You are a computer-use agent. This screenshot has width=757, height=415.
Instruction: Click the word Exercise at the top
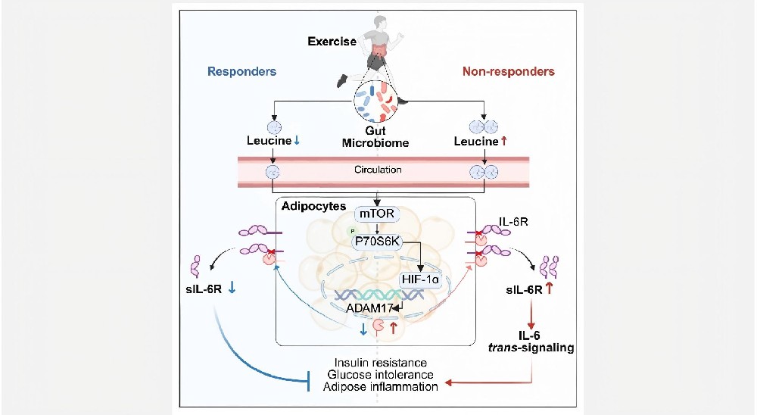click(332, 42)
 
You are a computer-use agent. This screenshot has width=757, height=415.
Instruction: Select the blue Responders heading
click(242, 72)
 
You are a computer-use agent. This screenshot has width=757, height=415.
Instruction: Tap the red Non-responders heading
click(508, 72)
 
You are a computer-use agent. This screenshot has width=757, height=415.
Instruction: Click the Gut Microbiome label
click(376, 137)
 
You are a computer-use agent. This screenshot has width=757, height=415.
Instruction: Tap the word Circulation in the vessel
click(377, 170)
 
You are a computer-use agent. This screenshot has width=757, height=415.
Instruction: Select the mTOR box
click(376, 214)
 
